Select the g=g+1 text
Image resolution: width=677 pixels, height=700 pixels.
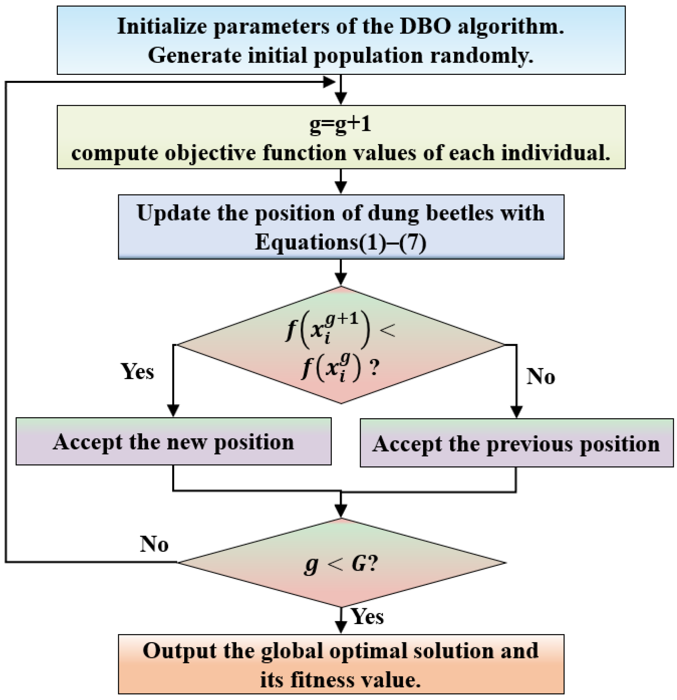click(340, 124)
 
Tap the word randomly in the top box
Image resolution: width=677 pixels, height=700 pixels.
click(482, 55)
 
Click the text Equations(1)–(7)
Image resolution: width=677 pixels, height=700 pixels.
click(340, 242)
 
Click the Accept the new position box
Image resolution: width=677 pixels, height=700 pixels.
click(173, 441)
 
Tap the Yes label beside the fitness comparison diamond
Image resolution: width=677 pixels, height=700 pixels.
click(138, 371)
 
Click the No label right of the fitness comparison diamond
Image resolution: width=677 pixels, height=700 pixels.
click(541, 376)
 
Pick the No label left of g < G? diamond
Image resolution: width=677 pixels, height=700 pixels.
click(154, 544)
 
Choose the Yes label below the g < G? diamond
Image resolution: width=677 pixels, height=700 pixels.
click(367, 616)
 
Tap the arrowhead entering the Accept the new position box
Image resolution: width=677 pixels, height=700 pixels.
click(173, 411)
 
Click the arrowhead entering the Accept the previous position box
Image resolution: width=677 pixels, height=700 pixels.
click(516, 412)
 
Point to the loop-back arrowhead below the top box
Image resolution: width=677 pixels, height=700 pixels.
click(329, 82)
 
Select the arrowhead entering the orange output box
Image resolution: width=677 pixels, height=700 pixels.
click(341, 627)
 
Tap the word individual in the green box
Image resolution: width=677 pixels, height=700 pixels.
click(555, 153)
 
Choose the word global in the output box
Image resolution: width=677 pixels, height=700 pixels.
click(292, 651)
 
